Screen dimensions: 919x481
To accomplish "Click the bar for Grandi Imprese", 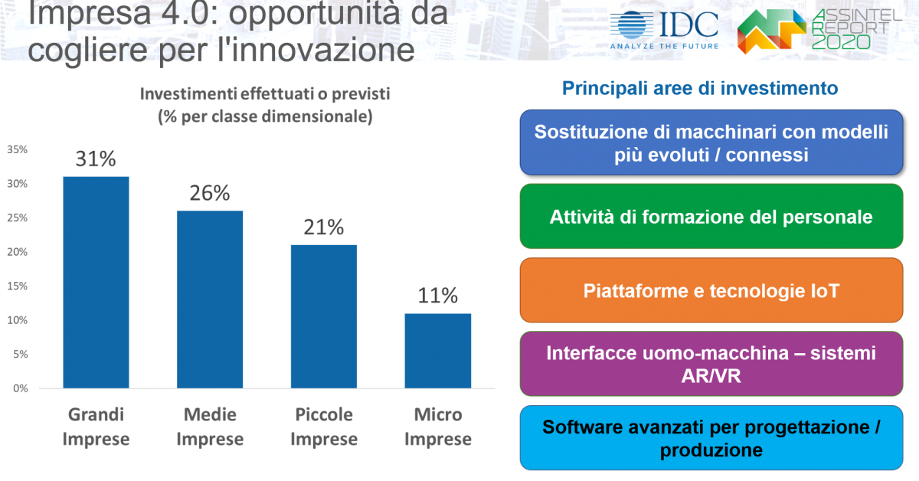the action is pos(96,283).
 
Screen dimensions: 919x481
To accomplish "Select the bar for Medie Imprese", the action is pos(210,299).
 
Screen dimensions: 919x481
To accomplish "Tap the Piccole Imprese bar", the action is pos(324,316).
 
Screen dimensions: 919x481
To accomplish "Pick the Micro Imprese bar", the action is pos(438,351).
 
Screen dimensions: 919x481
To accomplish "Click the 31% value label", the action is pos(96,159).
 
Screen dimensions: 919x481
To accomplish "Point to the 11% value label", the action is pos(438,296).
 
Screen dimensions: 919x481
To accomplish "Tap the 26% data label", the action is pos(210,193).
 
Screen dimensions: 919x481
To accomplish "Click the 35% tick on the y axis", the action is pos(17,150).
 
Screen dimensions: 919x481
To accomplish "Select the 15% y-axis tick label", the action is pos(17,286).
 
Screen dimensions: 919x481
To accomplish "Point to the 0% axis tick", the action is pos(21,388).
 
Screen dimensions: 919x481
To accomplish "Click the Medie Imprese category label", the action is pos(210,427).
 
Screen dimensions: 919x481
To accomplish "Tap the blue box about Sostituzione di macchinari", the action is pos(711,142).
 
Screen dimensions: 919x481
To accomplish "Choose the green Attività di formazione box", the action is pos(711,216).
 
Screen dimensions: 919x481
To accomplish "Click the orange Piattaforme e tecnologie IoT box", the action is pos(711,290).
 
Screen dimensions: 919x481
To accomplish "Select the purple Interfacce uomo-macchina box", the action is pos(711,364).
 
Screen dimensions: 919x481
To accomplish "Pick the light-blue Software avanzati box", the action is pos(711,438).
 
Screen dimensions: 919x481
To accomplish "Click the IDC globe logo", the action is pos(632,25).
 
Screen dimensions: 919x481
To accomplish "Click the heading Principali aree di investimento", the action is pos(700,88).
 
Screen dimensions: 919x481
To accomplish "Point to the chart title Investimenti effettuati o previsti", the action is pos(265,94).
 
